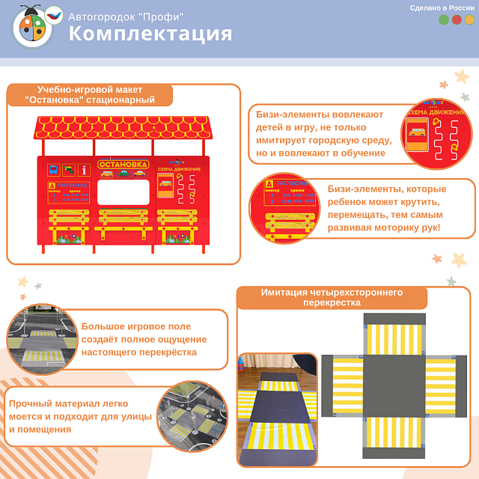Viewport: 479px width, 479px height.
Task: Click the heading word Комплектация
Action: click(x=150, y=34)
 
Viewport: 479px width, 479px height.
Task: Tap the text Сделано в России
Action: click(x=442, y=7)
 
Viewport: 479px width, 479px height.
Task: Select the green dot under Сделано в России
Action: click(x=444, y=20)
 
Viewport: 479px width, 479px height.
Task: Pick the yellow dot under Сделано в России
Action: click(x=469, y=20)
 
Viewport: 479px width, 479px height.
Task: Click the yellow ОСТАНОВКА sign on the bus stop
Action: click(x=123, y=164)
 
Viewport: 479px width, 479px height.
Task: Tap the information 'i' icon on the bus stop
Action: click(x=84, y=170)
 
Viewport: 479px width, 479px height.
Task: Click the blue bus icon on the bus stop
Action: click(x=54, y=170)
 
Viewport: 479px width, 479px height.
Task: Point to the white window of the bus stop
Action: click(x=123, y=194)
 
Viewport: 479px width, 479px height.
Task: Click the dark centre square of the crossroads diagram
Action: click(x=394, y=385)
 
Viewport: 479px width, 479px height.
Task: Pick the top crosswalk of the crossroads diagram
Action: click(x=394, y=338)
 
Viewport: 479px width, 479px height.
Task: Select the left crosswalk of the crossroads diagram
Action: click(x=347, y=385)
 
